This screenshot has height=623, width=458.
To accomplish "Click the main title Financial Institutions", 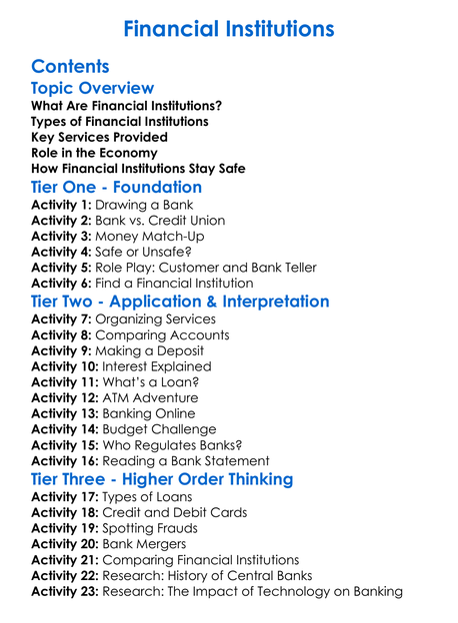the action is coord(229,27).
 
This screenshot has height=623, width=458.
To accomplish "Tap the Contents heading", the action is coord(70,67).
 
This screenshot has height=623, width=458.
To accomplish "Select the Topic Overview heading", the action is coord(92,90).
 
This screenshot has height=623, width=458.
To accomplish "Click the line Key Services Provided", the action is coord(99,137).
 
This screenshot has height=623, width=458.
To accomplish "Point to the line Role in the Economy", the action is coord(94,153).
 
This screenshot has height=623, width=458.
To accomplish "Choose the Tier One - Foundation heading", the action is coord(116,187).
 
